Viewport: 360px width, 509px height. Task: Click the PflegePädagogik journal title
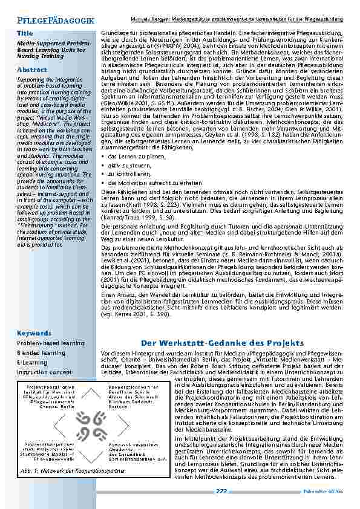(x=55, y=21)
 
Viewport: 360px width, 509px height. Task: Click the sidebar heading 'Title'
(x=25, y=33)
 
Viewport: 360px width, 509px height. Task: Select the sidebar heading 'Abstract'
(x=32, y=70)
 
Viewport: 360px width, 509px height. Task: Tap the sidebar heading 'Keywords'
(x=34, y=333)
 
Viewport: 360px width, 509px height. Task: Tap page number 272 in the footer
(x=221, y=491)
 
